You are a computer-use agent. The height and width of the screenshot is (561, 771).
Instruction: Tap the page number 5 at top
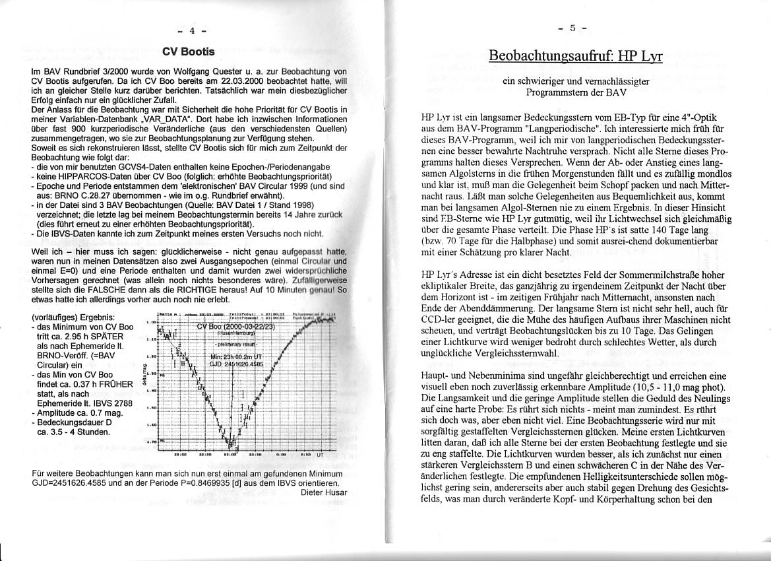tap(573, 28)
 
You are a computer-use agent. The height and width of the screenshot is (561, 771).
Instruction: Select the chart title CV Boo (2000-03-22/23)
tap(238, 326)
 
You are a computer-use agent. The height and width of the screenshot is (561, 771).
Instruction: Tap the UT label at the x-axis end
tap(321, 455)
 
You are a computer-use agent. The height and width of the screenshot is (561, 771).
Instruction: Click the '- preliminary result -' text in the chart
tap(238, 344)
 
